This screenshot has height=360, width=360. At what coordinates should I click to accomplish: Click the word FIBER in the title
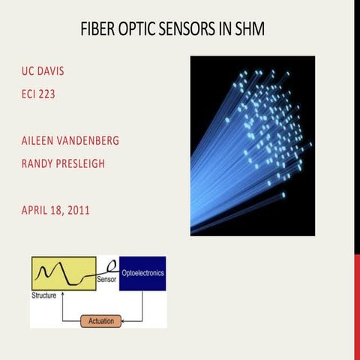pos(99,30)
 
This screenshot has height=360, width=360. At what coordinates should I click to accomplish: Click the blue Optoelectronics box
pos(142,273)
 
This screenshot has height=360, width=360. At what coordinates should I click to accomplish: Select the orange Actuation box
pos(100,320)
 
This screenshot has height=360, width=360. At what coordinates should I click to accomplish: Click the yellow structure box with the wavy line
pos(63,273)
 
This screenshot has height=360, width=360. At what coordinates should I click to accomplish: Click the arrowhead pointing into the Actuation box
pos(123,320)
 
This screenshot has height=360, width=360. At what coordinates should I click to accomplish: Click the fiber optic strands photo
pos(252,145)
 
